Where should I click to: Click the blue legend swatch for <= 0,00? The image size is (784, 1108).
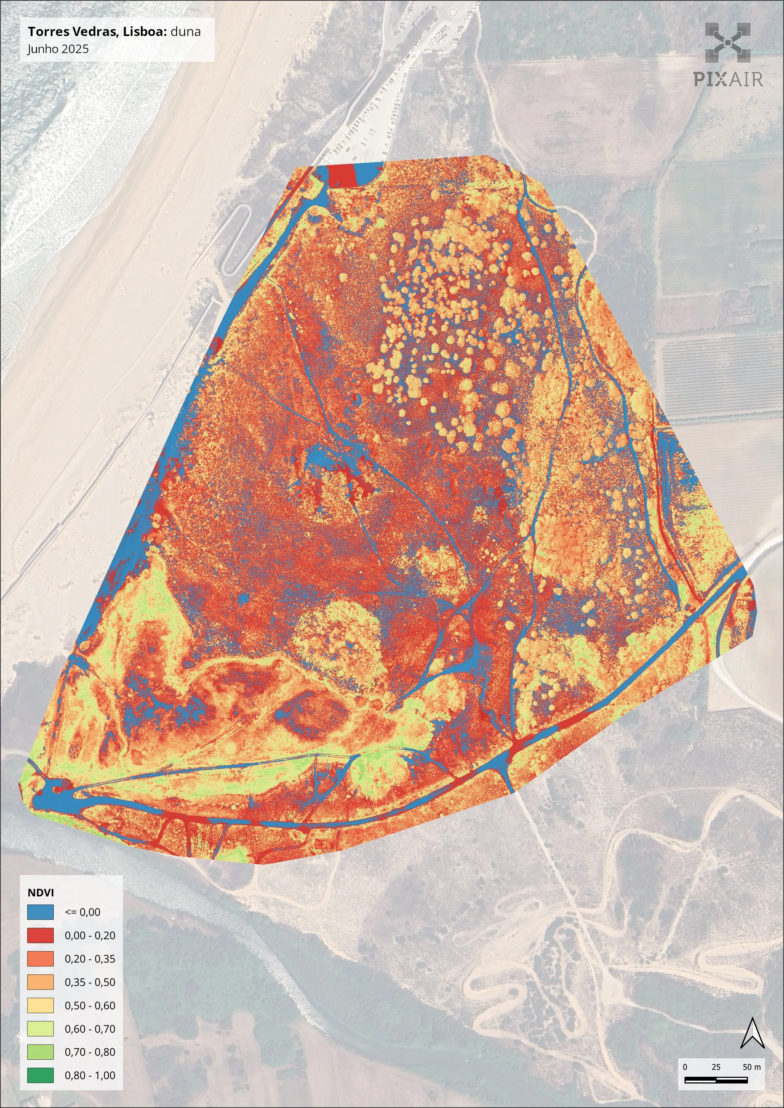pos(40,912)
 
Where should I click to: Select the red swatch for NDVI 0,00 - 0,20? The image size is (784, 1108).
pos(40,935)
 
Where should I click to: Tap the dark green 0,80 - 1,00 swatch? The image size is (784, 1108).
pos(40,1075)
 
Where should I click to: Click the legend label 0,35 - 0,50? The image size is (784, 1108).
pos(90,982)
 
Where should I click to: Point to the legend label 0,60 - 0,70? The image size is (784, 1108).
pos(90,1029)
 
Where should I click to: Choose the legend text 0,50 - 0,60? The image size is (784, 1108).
pos(90,1006)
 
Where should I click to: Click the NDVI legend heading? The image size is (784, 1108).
pos(40,892)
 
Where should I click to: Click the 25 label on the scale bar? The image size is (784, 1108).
pos(716,1067)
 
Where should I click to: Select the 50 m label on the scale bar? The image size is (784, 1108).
pos(751,1067)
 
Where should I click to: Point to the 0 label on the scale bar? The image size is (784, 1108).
pos(685,1067)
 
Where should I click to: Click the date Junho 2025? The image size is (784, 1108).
pos(58,49)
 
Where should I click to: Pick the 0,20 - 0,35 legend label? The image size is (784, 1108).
pos(90,959)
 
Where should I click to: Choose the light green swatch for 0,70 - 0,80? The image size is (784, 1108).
pos(40,1052)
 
